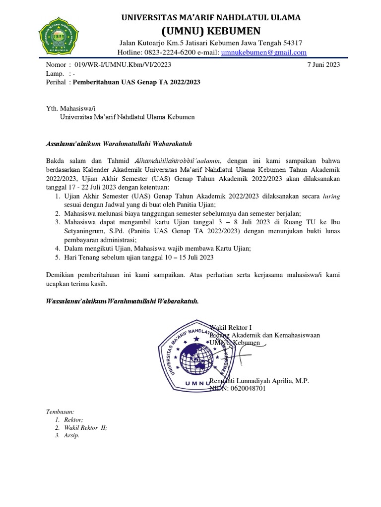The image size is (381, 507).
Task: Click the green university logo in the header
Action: coord(59,36)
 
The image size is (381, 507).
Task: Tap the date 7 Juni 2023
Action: coord(324,64)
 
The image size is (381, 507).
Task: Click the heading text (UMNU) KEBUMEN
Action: coord(211,30)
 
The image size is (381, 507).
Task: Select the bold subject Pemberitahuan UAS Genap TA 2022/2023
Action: coord(136,82)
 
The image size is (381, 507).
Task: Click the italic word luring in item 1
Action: coord(331,196)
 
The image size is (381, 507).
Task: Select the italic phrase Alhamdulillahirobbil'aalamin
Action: coord(180,160)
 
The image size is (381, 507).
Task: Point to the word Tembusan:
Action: coord(60,412)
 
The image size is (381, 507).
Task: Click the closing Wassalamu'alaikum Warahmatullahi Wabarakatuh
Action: coord(122,302)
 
